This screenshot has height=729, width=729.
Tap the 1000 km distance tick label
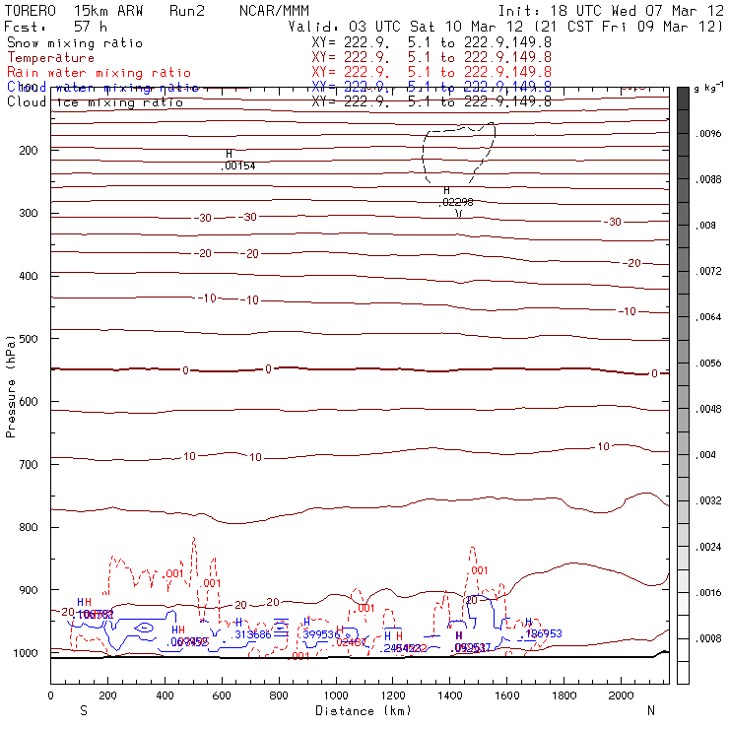tap(336, 696)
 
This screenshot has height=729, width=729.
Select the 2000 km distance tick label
tap(622, 696)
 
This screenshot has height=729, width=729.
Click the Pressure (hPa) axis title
tap(11, 385)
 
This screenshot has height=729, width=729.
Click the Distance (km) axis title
tap(359, 709)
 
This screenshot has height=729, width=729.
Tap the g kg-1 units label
tap(708, 90)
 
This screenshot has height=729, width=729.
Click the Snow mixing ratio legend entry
tap(74, 43)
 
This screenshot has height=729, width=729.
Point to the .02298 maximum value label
tap(456, 201)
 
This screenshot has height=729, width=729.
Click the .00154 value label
tap(237, 166)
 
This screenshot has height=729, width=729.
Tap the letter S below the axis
tap(84, 709)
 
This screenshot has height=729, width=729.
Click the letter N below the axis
tap(650, 709)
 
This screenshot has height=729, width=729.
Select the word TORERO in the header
tap(31, 10)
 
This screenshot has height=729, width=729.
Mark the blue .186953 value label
tap(543, 633)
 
